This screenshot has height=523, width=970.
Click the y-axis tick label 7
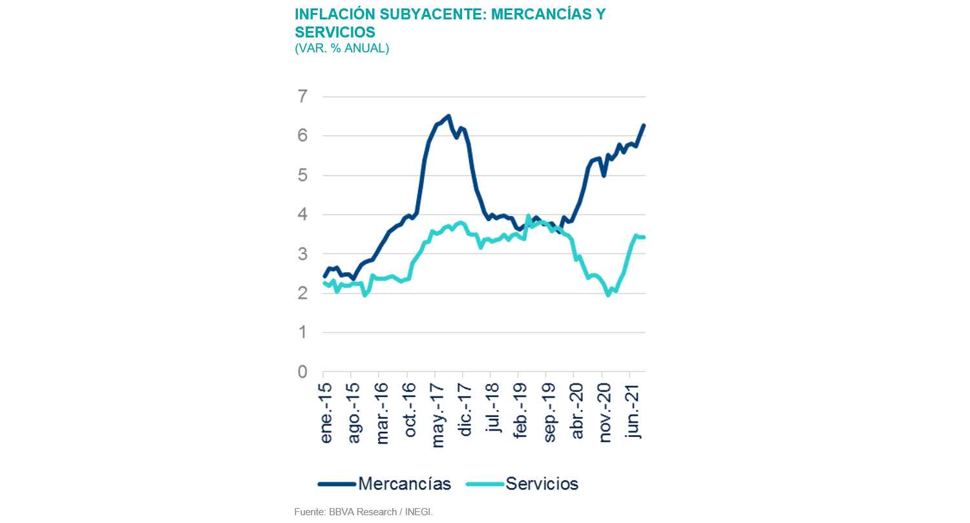pos(302,96)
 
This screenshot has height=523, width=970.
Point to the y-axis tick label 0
pos(302,372)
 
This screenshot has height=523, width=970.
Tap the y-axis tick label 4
pos(302,215)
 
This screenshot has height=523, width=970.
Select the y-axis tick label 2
pos(302,293)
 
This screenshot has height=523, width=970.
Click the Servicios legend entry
pos(542,484)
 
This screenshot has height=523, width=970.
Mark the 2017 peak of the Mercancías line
pos(448,116)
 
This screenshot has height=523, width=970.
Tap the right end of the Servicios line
pos(644,237)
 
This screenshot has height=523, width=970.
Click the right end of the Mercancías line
pos(644,125)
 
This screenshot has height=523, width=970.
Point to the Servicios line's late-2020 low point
pos(608,295)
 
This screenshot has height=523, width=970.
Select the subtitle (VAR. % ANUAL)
pos(342,48)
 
